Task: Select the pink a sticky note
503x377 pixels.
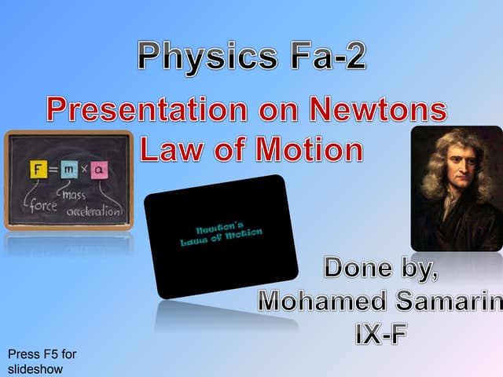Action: (x=101, y=169)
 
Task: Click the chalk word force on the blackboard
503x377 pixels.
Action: (x=39, y=208)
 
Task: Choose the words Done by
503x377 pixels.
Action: (x=381, y=269)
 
